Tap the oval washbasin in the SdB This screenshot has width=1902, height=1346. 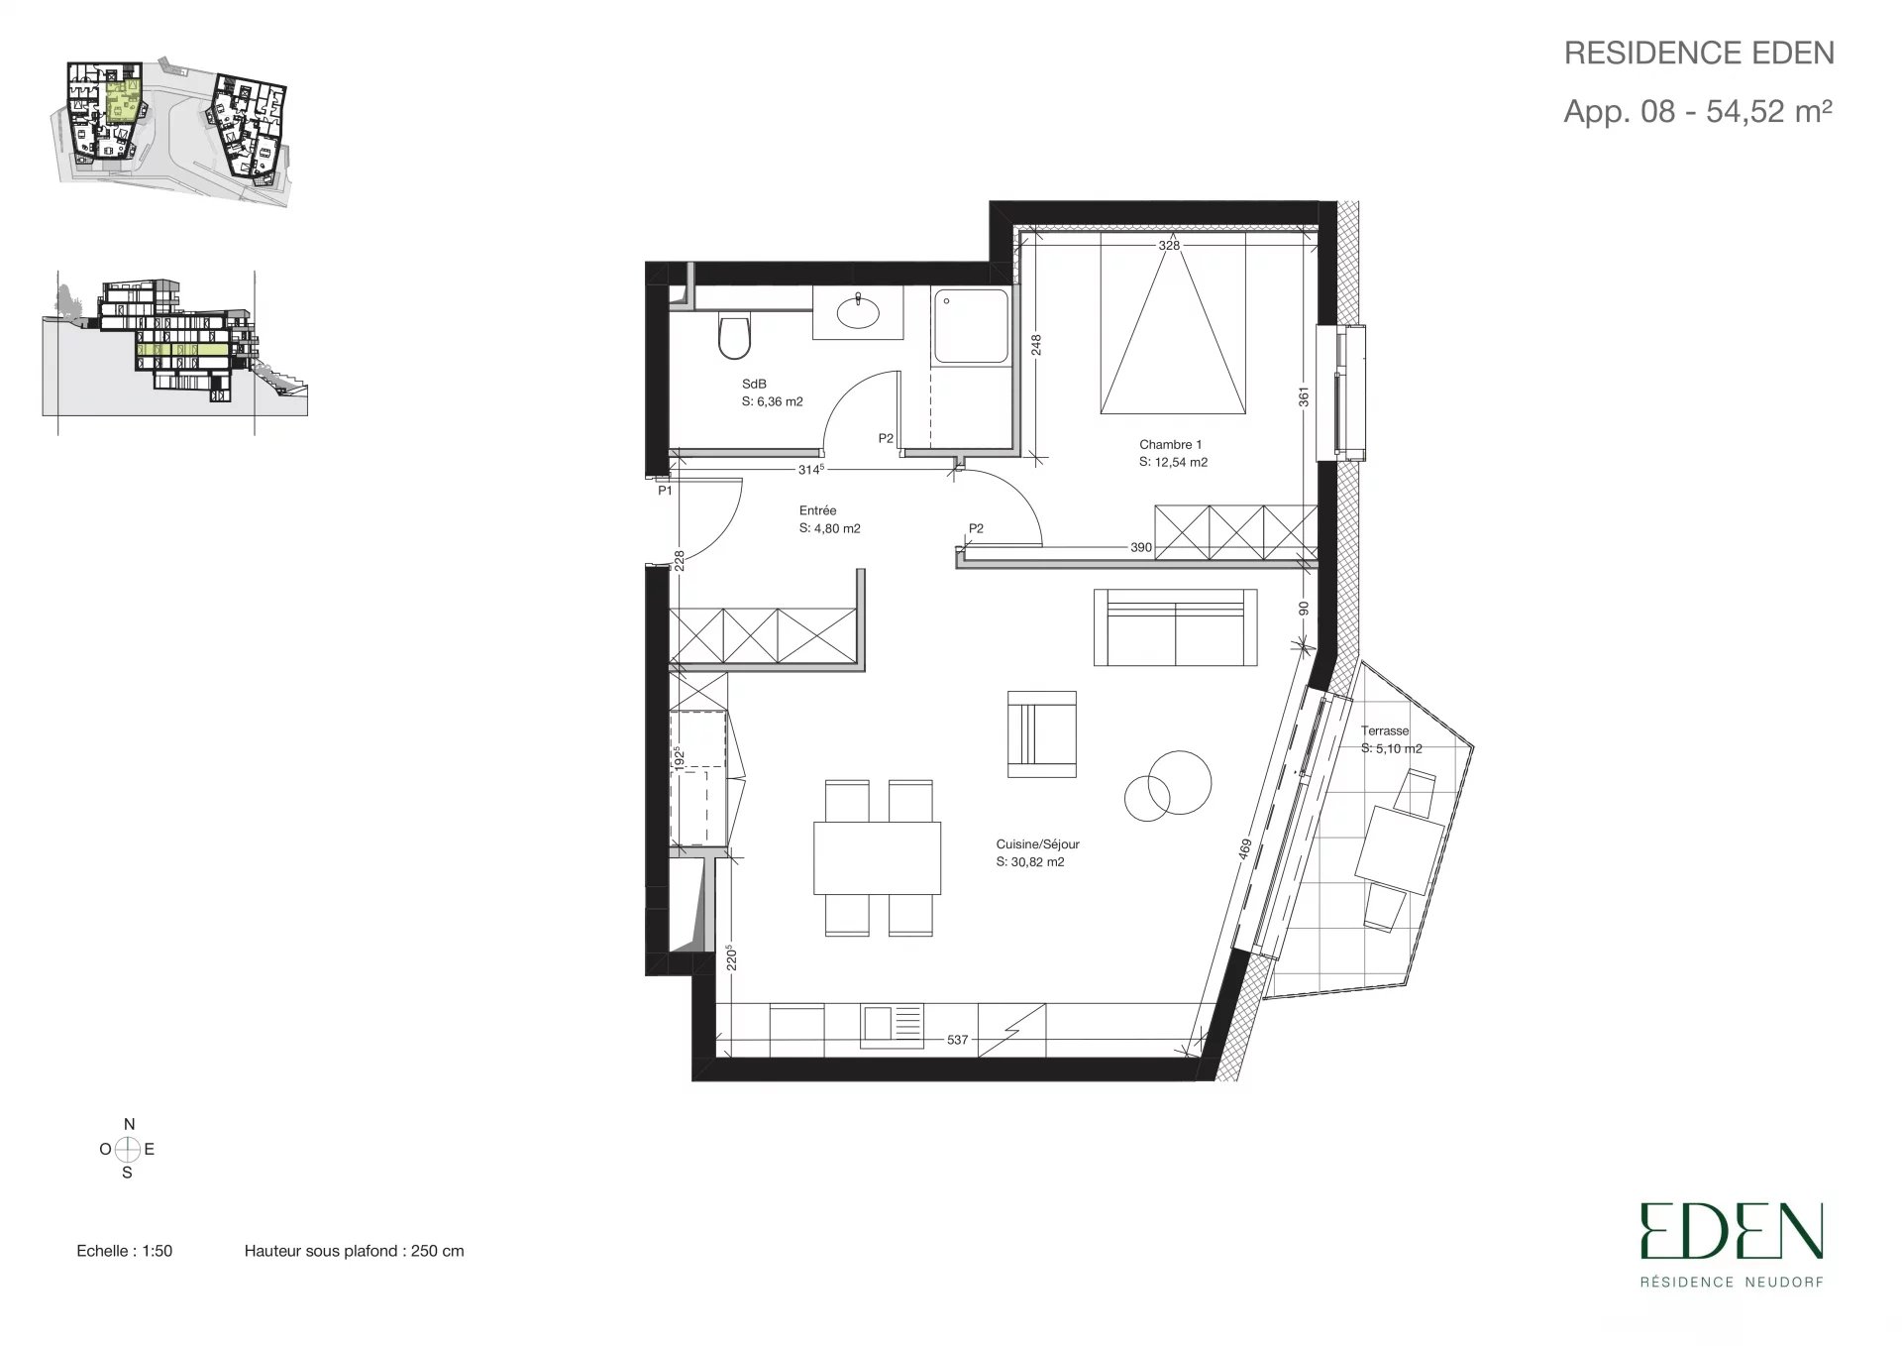858,313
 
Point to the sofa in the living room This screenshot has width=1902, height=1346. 1175,627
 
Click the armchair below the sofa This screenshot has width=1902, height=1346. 1041,734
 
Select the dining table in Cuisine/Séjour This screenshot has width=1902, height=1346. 877,857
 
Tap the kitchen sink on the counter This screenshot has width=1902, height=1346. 892,1026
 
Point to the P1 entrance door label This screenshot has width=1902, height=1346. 665,490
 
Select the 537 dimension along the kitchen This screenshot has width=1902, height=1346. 957,1040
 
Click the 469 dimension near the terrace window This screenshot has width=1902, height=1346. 1245,851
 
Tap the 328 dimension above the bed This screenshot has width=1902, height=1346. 1170,245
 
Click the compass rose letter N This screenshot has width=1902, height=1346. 129,1124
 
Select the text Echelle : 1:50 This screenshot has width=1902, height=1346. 125,1251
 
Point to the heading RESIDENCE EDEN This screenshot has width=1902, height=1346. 1699,54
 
